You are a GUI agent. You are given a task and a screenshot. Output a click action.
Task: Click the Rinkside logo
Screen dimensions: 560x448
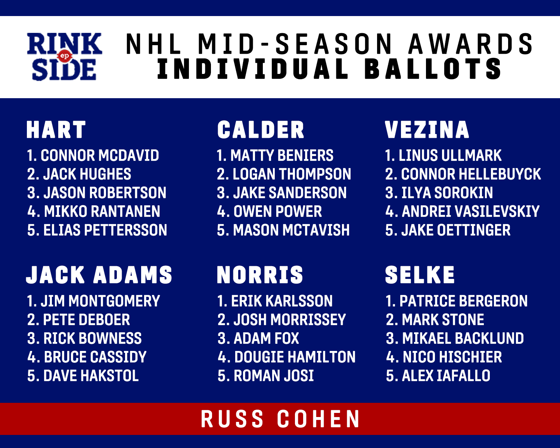65,56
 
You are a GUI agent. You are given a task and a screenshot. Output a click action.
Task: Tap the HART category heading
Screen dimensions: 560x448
56,130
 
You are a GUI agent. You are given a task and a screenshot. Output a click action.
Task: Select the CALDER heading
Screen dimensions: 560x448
261,130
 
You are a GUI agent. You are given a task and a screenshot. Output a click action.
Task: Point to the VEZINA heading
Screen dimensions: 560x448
427,130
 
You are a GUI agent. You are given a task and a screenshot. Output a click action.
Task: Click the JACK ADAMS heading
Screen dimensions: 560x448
99,275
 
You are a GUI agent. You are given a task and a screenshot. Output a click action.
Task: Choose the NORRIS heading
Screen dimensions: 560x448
260,275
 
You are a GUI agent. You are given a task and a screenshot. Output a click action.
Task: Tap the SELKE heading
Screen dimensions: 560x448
420,275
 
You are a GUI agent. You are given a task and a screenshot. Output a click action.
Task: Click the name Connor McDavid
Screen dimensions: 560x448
100,155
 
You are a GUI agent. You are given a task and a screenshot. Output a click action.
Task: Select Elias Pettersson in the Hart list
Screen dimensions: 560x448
105,230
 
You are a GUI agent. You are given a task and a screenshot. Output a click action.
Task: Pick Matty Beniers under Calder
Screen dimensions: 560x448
282,155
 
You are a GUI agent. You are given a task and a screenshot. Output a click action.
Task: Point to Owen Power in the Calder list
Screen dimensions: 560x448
278,211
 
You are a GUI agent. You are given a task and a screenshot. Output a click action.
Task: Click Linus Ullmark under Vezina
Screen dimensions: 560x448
450,155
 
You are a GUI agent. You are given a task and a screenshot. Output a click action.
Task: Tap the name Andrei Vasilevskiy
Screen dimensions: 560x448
471,211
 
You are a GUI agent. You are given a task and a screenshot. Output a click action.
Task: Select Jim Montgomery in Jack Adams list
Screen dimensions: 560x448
100,301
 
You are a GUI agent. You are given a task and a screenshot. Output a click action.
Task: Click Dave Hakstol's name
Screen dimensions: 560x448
91,376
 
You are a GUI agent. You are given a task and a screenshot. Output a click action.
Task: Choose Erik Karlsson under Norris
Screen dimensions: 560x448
282,301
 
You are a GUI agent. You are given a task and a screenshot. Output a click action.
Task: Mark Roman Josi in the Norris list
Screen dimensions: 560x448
274,376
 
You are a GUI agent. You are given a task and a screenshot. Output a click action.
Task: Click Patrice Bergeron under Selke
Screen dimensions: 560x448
463,301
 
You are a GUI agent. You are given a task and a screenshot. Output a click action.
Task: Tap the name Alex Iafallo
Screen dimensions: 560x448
446,376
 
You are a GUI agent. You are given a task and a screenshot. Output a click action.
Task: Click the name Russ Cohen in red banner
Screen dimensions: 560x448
280,419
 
